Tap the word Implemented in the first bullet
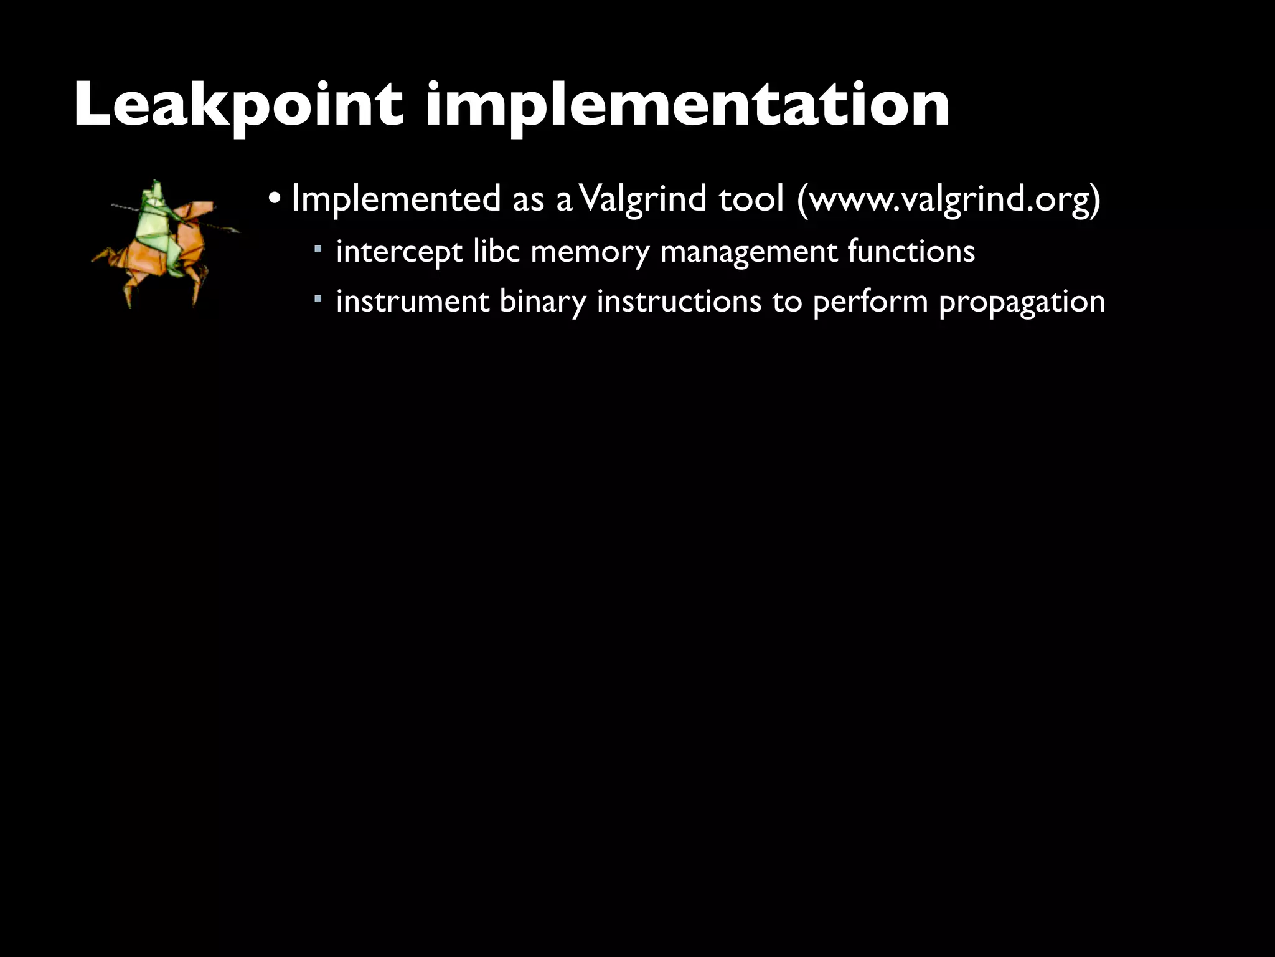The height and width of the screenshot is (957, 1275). [x=396, y=199]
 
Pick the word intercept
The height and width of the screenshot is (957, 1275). [x=399, y=252]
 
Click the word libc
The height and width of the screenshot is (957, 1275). [x=496, y=252]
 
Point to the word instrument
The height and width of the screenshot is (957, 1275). [x=413, y=302]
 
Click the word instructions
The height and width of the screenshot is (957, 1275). [x=679, y=302]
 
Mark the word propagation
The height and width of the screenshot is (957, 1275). [x=1022, y=302]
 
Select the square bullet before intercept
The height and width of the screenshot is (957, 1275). [x=318, y=249]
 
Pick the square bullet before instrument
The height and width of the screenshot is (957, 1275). [x=318, y=299]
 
